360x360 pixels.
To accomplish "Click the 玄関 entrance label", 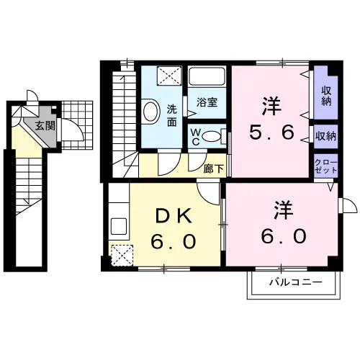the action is tap(45, 126).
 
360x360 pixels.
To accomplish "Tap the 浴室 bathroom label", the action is tap(207, 102).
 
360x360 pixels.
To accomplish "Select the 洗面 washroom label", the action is tap(172, 116).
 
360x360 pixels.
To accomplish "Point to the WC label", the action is tap(195, 137).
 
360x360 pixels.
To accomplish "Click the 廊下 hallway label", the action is tap(214, 169).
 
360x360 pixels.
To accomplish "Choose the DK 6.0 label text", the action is tap(174, 228).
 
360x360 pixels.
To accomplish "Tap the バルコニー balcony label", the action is tap(295, 282).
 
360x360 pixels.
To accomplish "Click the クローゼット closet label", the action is tap(326, 166).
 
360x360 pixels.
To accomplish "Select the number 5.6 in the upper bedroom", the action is tap(271, 132).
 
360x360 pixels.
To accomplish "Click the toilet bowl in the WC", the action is tap(211, 137).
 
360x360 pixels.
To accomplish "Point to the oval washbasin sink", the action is tap(151, 112).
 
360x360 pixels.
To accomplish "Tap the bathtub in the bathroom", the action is tap(207, 76).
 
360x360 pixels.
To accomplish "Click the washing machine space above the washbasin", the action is tap(169, 76).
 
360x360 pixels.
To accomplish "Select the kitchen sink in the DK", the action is tap(119, 226).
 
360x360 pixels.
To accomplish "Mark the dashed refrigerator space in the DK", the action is tap(122, 256).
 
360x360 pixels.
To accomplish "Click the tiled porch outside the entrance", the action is tap(77, 125).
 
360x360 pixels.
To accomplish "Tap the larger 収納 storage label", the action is tap(326, 96).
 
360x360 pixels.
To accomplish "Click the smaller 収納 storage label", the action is tap(325, 137).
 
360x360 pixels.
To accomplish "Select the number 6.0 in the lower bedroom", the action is tap(284, 235).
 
